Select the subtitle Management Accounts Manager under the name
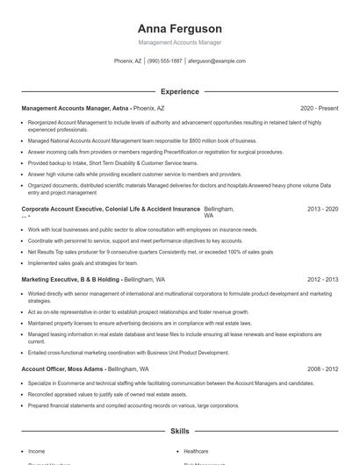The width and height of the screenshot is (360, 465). point(180,43)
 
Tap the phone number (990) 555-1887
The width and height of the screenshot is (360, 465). point(165,61)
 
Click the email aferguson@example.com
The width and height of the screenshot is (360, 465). point(217,61)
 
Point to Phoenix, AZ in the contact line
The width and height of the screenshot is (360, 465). point(127,61)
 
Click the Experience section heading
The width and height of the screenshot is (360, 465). point(180,91)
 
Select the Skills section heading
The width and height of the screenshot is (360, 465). point(180,432)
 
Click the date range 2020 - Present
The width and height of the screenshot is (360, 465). point(319,108)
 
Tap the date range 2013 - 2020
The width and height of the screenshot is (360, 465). point(322,210)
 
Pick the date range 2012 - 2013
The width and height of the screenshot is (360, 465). point(322,279)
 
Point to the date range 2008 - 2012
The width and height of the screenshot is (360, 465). point(322,369)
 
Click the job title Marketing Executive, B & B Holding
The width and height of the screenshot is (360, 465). point(71,279)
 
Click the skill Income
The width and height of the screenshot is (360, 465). point(37,451)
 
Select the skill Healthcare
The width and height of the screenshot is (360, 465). point(196,451)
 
